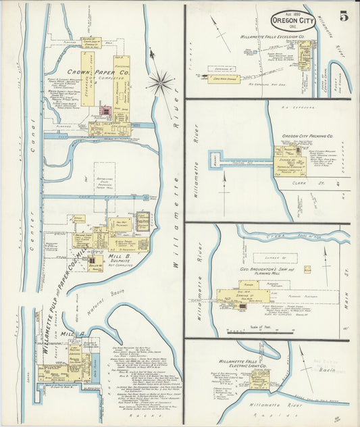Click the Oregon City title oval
293,19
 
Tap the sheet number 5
344,16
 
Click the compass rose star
160,83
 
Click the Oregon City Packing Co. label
307,136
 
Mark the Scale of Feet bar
260,331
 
